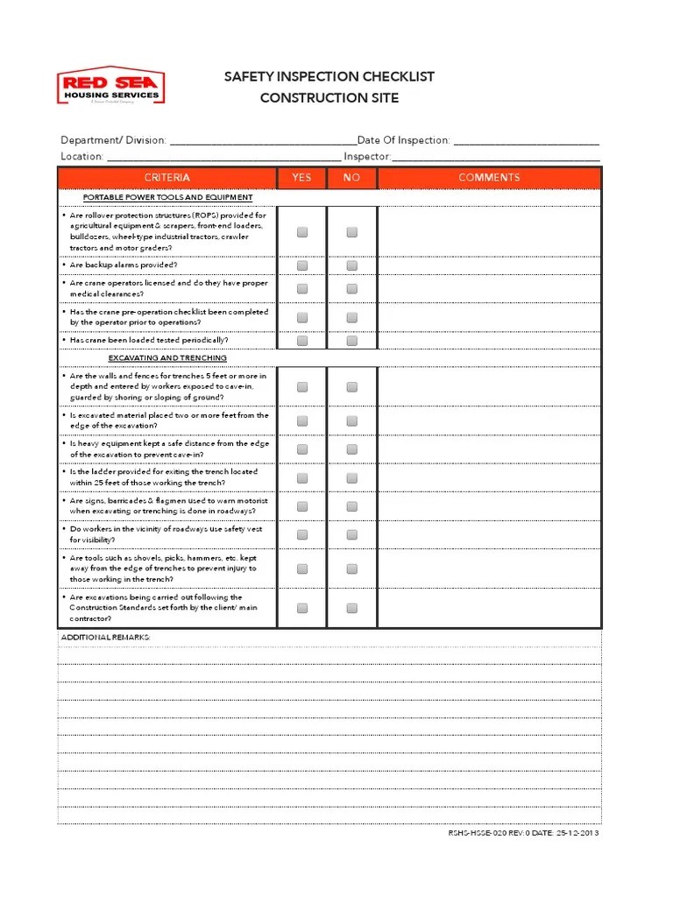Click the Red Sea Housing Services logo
(110, 88)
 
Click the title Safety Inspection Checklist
(329, 77)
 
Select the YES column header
(301, 178)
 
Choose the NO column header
(351, 178)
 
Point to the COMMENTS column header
(489, 178)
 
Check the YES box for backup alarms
(302, 265)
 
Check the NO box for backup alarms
(351, 265)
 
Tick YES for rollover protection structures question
(302, 232)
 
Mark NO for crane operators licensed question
(351, 289)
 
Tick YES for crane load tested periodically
(302, 341)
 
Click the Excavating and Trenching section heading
(167, 358)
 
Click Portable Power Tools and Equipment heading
(167, 198)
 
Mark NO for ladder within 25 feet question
(351, 478)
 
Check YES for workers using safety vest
(302, 535)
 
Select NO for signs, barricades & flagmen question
(351, 506)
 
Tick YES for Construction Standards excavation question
(302, 608)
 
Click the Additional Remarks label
(106, 637)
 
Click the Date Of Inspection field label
(404, 140)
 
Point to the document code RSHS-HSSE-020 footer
(524, 833)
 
